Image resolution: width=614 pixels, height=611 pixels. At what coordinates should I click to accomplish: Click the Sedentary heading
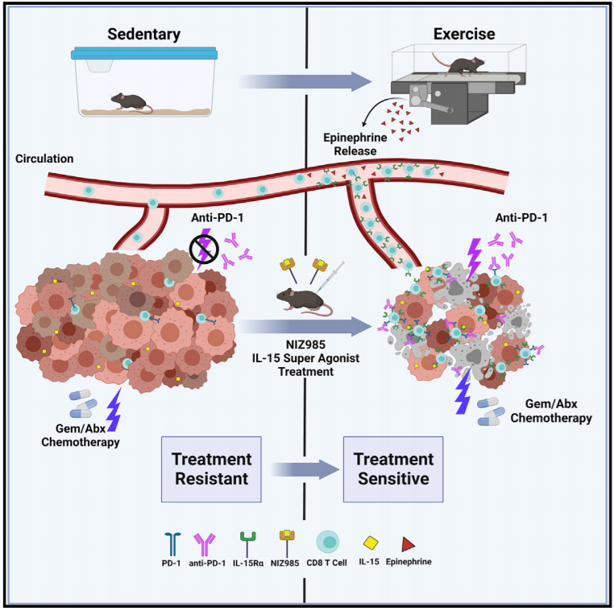[143, 35]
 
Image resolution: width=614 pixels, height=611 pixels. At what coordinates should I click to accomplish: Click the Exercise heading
[464, 34]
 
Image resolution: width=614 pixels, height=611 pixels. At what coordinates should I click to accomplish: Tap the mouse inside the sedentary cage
[131, 102]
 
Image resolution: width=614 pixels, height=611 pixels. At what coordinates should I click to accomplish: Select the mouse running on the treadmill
[462, 65]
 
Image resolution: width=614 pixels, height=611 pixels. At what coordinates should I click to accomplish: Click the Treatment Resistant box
[211, 469]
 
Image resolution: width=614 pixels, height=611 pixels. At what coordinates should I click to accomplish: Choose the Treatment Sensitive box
[393, 469]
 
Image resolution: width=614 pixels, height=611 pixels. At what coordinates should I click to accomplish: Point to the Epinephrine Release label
[355, 144]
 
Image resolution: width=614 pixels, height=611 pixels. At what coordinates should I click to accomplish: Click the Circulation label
[44, 159]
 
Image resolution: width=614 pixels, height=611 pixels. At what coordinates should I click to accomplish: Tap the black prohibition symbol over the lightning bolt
[204, 250]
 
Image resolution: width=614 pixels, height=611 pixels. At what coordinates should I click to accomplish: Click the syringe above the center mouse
[331, 276]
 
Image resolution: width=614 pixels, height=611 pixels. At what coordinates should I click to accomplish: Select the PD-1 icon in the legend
[172, 543]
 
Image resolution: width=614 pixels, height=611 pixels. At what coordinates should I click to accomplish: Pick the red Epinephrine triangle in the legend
[408, 544]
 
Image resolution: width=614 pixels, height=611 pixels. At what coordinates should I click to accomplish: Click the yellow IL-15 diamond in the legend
[371, 543]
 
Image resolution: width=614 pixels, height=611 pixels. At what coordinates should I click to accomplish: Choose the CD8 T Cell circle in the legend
[327, 542]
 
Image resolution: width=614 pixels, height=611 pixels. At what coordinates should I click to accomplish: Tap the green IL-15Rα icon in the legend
[248, 543]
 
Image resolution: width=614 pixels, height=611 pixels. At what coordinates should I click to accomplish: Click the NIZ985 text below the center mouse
[305, 345]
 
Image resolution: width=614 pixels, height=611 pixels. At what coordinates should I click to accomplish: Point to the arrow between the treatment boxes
[305, 469]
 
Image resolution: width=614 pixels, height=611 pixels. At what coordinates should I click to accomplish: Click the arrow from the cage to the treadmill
[305, 82]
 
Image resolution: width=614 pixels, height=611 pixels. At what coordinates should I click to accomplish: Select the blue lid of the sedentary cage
[144, 53]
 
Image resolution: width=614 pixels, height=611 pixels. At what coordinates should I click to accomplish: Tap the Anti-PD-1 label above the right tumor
[521, 217]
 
